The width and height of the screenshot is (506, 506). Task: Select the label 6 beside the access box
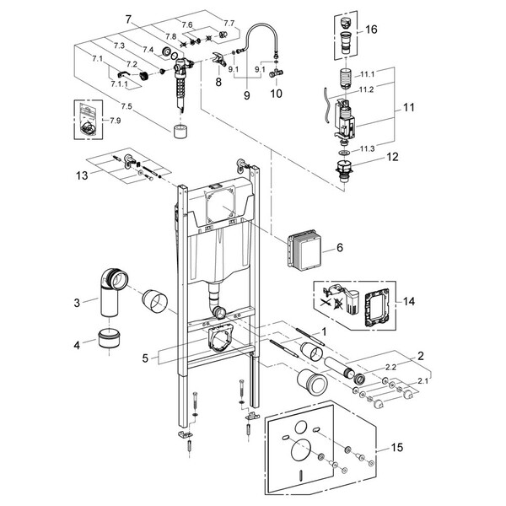point(341,249)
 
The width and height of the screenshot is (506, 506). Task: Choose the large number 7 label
point(127,19)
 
